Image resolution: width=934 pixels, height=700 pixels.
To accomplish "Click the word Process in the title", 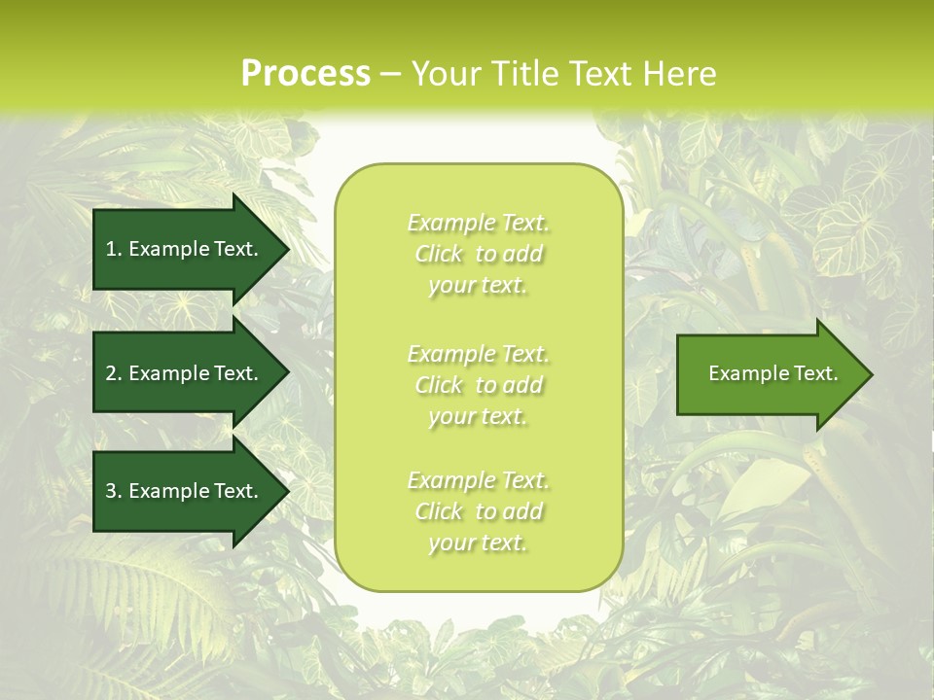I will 305,74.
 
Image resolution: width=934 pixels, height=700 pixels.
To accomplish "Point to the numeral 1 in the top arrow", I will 110,249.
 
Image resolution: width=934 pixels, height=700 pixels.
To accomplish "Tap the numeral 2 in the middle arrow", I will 110,373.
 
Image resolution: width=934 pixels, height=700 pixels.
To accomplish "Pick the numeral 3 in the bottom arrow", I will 110,491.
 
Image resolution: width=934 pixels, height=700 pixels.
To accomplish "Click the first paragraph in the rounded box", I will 478,254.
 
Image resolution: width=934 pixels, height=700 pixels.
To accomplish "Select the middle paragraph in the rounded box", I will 478,385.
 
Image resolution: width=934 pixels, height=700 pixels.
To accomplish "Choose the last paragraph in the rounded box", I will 478,511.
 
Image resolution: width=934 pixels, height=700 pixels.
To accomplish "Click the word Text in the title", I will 602,74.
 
